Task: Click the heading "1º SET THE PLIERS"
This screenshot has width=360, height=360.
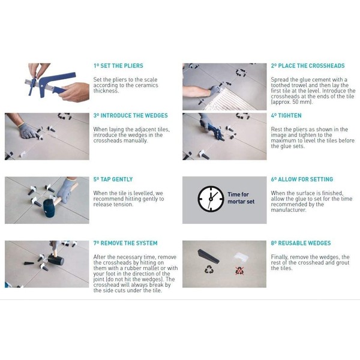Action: tap(118, 65)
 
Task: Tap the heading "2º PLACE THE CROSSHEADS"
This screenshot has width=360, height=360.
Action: tap(308, 65)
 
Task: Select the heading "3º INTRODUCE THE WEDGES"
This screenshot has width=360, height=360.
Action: tap(131, 115)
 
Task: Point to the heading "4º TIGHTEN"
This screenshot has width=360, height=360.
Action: tap(286, 115)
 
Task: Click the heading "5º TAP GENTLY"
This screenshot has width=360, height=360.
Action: tap(113, 179)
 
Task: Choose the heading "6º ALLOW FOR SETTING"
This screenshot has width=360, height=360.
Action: tap(302, 179)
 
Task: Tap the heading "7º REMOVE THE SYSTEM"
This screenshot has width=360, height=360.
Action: tap(125, 243)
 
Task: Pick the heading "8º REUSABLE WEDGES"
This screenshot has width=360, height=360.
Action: tap(301, 243)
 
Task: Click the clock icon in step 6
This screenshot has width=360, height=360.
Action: tap(211, 199)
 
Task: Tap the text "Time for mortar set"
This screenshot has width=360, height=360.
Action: tap(241, 198)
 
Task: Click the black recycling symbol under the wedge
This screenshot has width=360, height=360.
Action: tap(209, 269)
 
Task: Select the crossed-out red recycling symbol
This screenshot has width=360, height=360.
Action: tap(239, 271)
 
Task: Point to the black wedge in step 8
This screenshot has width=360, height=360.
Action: tap(208, 256)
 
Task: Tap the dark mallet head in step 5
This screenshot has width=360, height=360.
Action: tap(49, 208)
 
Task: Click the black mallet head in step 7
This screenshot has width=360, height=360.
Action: tap(56, 260)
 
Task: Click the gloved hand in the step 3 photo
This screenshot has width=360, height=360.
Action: tap(27, 131)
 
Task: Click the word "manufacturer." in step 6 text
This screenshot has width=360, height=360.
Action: tap(289, 210)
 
